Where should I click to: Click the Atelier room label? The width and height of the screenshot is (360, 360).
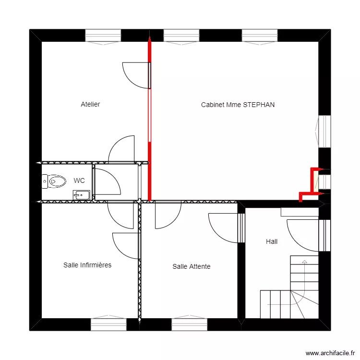pyautogui.click(x=90, y=104)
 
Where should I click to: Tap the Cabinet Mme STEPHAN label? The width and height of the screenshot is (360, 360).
pyautogui.click(x=238, y=104)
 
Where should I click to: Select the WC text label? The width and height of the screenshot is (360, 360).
pyautogui.click(x=79, y=180)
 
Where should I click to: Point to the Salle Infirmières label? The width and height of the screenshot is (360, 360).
pyautogui.click(x=87, y=265)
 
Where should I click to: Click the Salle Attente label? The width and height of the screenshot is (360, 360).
pyautogui.click(x=191, y=266)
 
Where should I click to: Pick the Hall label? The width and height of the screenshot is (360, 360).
pyautogui.click(x=272, y=242)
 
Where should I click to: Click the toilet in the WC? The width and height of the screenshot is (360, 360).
pyautogui.click(x=54, y=181)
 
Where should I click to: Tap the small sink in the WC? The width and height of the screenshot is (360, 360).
pyautogui.click(x=82, y=194)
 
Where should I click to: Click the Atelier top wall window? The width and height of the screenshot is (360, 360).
pyautogui.click(x=103, y=36)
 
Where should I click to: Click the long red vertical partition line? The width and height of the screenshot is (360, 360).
pyautogui.click(x=150, y=120)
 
